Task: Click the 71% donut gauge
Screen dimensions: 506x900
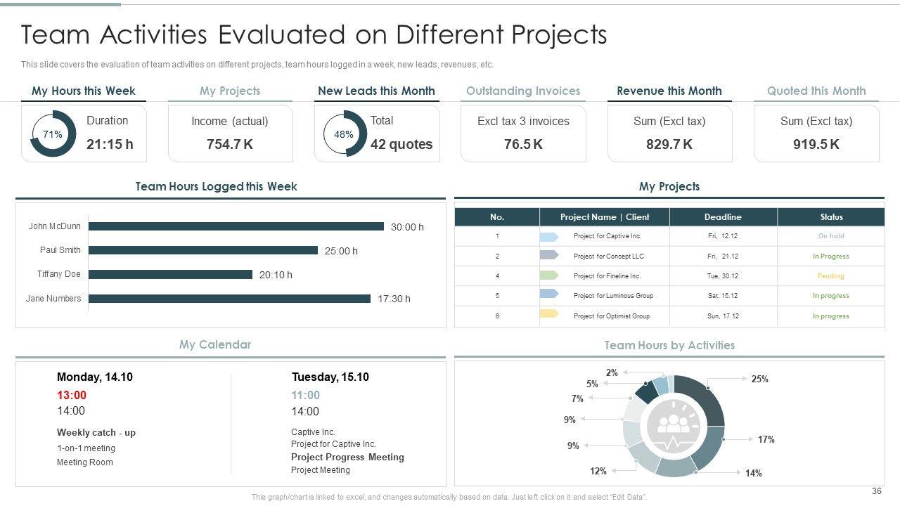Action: tap(53, 134)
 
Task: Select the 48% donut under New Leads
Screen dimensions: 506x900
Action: tap(344, 134)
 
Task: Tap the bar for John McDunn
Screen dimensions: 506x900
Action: tap(236, 226)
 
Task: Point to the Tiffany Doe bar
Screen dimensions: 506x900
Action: tap(170, 275)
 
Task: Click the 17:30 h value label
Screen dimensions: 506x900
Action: tap(394, 299)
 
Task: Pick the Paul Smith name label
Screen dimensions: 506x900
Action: tap(60, 250)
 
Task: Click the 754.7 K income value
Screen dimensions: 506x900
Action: tap(230, 144)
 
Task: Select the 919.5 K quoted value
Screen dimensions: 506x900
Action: tap(816, 144)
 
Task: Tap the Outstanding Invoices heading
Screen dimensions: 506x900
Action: tap(523, 91)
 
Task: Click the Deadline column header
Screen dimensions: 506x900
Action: tap(723, 217)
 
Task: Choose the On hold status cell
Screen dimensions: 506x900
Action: tap(831, 236)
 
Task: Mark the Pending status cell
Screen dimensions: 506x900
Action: tap(831, 276)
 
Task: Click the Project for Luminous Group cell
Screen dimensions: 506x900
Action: tap(613, 296)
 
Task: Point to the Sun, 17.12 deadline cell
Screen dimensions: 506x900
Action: tap(723, 316)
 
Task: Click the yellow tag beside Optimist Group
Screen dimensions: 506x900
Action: tap(548, 313)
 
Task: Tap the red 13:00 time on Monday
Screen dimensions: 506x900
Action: tap(72, 395)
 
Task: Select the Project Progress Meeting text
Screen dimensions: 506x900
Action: tap(347, 457)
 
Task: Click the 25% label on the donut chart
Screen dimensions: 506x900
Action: tap(759, 379)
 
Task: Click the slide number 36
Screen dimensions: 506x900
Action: tap(876, 491)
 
